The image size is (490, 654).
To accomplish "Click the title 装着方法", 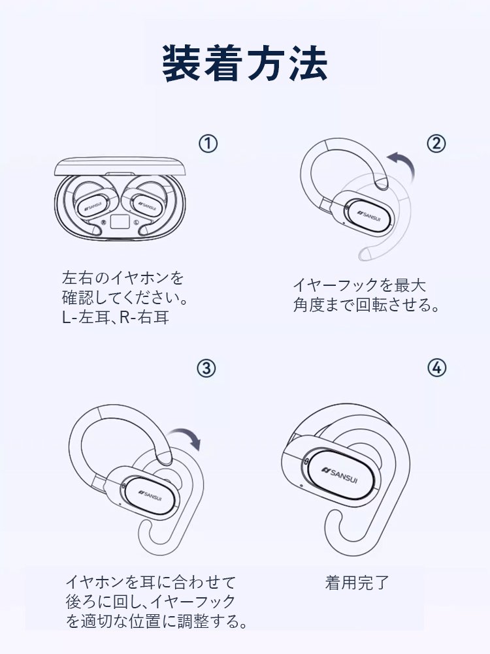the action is pyautogui.click(x=244, y=63).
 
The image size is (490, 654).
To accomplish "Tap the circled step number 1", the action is pyautogui.click(x=208, y=144).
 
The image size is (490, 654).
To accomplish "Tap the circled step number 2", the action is pyautogui.click(x=436, y=144).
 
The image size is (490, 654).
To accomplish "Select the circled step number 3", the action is pyautogui.click(x=206, y=368).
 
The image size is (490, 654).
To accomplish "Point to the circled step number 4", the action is pyautogui.click(x=436, y=367).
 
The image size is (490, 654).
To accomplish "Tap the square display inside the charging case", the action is pyautogui.click(x=120, y=221).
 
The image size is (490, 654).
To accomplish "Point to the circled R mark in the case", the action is pyautogui.click(x=103, y=222).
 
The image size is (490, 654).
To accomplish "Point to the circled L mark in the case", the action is pyautogui.click(x=137, y=222).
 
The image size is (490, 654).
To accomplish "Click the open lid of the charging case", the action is pyautogui.click(x=118, y=166).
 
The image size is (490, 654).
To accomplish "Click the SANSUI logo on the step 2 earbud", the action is pyautogui.click(x=369, y=214).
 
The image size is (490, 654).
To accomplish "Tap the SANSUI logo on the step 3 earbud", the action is pyautogui.click(x=150, y=495).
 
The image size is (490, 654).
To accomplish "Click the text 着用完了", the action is pyautogui.click(x=357, y=582).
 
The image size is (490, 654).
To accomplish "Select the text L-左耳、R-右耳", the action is pyautogui.click(x=116, y=318).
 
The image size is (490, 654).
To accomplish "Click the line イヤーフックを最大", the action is pyautogui.click(x=359, y=285).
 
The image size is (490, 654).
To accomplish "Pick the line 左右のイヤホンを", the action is pyautogui.click(x=123, y=277).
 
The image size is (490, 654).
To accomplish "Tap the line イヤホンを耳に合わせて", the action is pyautogui.click(x=151, y=582).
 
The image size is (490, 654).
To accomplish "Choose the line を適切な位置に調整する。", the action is pyautogui.click(x=157, y=621).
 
